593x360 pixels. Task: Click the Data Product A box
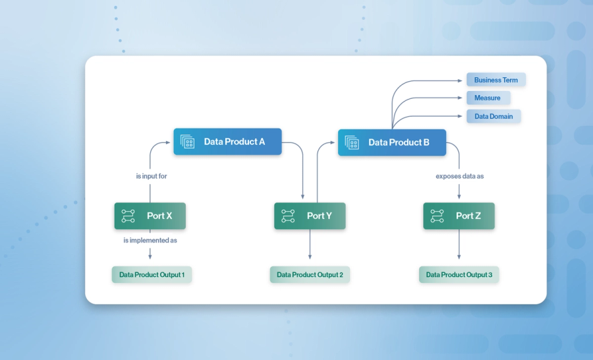click(x=227, y=142)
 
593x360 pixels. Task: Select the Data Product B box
click(x=392, y=142)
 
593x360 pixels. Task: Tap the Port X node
click(x=150, y=216)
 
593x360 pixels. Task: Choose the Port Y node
click(x=310, y=216)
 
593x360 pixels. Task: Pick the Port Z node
click(x=459, y=216)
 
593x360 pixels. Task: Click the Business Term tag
click(x=495, y=80)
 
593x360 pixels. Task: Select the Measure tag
click(x=488, y=98)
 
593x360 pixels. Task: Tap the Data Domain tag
click(x=494, y=116)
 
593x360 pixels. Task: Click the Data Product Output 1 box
click(x=152, y=274)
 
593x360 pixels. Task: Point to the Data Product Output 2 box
click(x=310, y=274)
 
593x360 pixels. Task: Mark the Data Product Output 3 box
click(x=459, y=274)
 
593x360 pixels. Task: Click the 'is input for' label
click(x=150, y=176)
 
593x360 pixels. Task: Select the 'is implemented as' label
click(x=150, y=241)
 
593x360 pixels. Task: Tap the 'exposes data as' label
click(x=459, y=176)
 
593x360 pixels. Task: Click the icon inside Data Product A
click(x=188, y=142)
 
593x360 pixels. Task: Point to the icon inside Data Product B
click(x=352, y=142)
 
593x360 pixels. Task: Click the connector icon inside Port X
click(x=128, y=216)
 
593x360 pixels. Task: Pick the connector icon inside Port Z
click(x=437, y=216)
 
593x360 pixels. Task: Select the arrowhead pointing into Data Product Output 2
click(x=310, y=260)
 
